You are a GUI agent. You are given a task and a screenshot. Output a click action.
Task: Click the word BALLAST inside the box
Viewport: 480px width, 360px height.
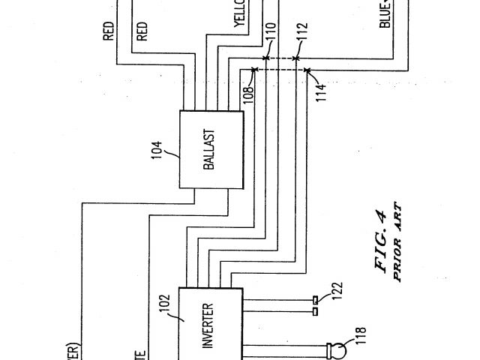209,148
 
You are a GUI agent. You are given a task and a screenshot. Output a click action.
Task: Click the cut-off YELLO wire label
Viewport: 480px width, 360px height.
239,13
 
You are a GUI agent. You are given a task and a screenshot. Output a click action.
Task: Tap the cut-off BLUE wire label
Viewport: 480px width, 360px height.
385,13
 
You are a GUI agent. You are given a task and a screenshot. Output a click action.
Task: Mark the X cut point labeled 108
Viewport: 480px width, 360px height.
254,70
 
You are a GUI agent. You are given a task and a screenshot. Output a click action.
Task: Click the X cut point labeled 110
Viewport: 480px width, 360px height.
266,58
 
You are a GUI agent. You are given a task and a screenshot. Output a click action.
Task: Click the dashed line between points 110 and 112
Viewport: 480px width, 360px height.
281,58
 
